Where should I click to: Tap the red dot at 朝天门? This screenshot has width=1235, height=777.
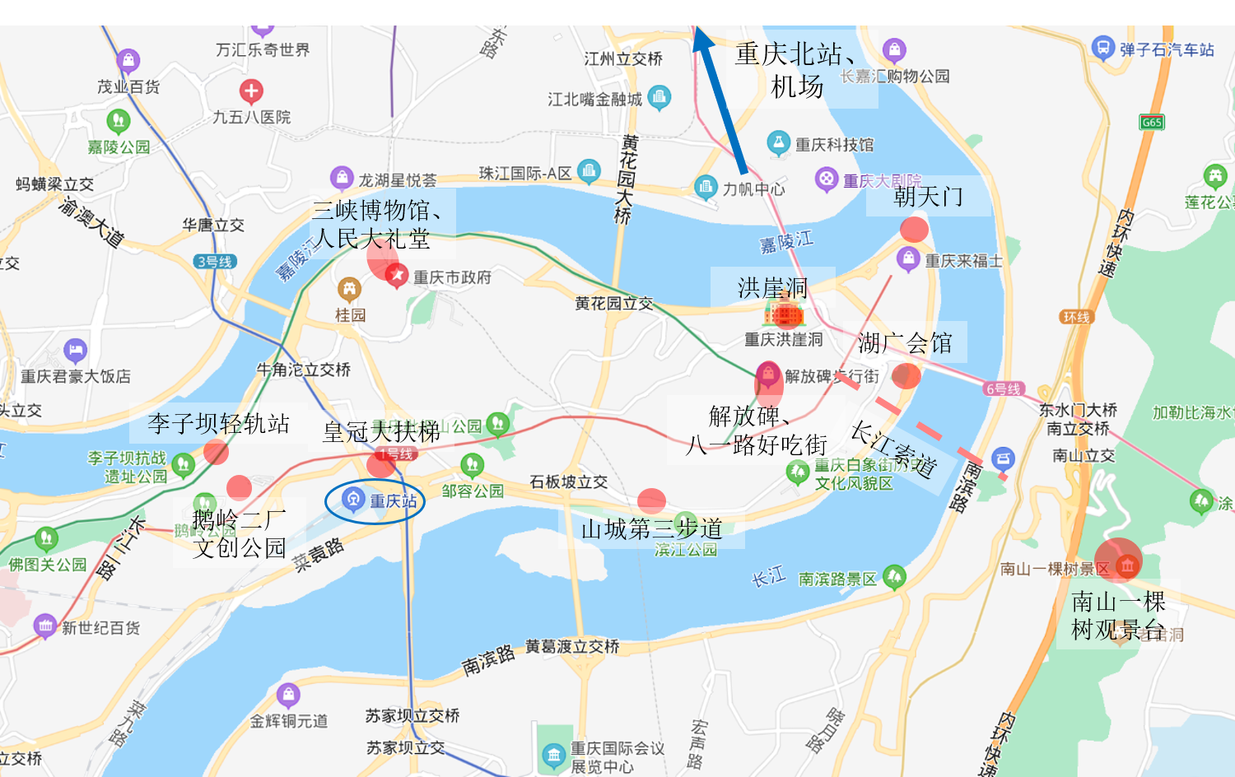click(x=914, y=230)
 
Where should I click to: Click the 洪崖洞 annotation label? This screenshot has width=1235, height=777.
click(x=772, y=288)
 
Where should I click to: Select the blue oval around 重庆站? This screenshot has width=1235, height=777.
click(x=375, y=500)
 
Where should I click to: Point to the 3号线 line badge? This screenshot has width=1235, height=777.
click(x=215, y=262)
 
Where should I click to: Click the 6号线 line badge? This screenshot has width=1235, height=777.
click(x=1003, y=388)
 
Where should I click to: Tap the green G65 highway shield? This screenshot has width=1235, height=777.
click(x=1152, y=123)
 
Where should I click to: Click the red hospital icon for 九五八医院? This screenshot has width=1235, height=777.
click(x=251, y=91)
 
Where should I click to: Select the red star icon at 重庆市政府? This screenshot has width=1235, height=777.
click(x=396, y=274)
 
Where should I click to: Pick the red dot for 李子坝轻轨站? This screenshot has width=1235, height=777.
click(x=216, y=452)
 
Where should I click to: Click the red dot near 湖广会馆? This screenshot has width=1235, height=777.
click(x=906, y=375)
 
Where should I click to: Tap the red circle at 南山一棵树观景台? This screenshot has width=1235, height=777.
click(x=1119, y=561)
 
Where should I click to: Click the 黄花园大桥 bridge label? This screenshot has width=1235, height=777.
click(x=627, y=179)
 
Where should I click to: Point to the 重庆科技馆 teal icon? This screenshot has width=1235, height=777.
click(x=778, y=142)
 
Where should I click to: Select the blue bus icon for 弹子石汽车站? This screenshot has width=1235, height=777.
click(x=1102, y=48)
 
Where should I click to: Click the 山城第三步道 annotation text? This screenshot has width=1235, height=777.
click(x=651, y=528)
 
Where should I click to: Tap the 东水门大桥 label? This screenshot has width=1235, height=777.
click(x=1078, y=410)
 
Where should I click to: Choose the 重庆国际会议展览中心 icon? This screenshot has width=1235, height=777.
click(x=553, y=754)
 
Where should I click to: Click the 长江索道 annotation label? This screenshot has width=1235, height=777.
click(x=892, y=449)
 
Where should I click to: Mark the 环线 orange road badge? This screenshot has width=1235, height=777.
click(x=1076, y=317)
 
